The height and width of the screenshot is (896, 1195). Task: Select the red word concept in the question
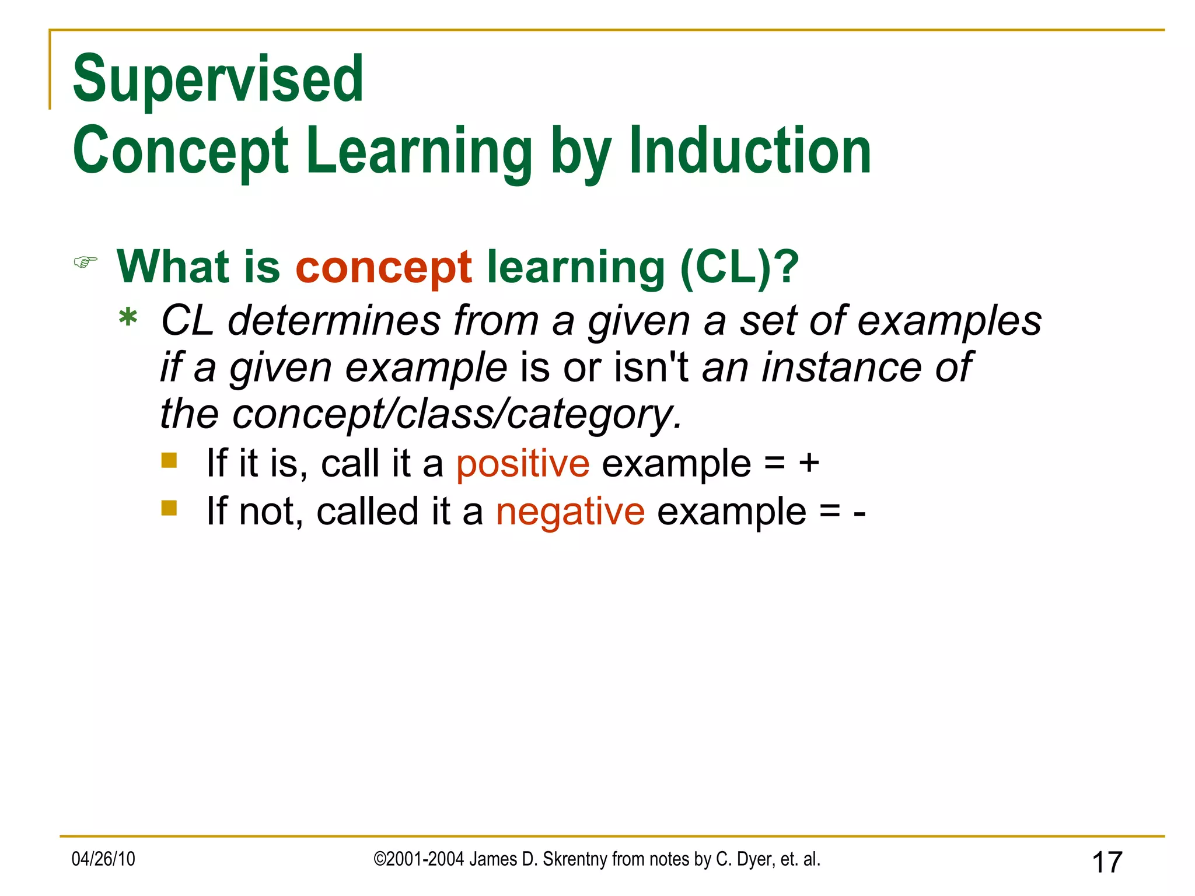(383, 267)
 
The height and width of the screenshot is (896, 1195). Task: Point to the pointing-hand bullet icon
(85, 262)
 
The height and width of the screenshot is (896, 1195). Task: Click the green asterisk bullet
(128, 319)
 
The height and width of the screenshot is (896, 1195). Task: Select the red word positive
(522, 464)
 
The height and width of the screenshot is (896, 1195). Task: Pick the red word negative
(570, 512)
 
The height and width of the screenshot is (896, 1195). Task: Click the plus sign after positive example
(809, 464)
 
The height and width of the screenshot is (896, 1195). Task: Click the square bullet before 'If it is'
(169, 461)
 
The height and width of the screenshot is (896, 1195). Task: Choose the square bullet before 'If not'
(169, 508)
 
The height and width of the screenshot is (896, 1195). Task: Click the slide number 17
(1107, 862)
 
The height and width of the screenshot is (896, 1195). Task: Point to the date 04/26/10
(103, 859)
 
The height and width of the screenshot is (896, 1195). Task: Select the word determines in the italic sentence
(334, 321)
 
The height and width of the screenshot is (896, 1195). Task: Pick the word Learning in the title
(418, 151)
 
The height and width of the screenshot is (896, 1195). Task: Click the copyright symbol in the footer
(379, 859)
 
